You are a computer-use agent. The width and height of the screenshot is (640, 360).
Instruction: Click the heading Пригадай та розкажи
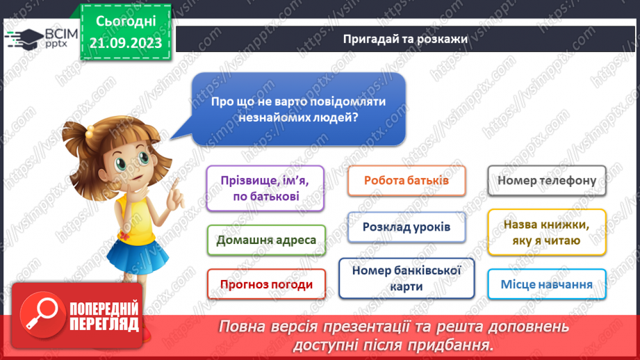point(405,39)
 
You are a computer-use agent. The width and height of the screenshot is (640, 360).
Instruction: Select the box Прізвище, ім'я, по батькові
point(265,188)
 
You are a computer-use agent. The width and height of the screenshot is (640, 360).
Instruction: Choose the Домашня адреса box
point(266,240)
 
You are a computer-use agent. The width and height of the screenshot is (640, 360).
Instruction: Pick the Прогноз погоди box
point(266,284)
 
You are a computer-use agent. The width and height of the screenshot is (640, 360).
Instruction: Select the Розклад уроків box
point(407,227)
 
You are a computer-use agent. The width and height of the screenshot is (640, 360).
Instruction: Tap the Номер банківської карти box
point(407,278)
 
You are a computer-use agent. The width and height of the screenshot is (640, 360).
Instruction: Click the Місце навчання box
point(547,284)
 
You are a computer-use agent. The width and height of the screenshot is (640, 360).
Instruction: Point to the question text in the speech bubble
point(299,109)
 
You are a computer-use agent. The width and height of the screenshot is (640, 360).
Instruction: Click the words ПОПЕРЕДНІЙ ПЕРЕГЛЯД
point(104,316)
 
